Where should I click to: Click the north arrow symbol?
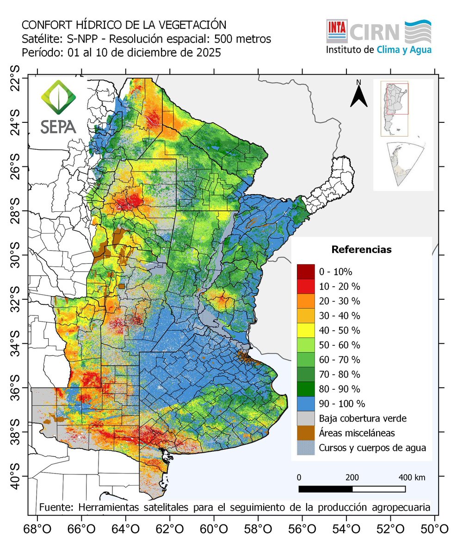pyautogui.click(x=358, y=95)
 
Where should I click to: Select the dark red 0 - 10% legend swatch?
pyautogui.click(x=305, y=271)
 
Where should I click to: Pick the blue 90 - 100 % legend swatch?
pyautogui.click(x=305, y=403)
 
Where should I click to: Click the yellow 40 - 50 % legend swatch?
pyautogui.click(x=305, y=330)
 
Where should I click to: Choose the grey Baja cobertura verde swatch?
pyautogui.click(x=305, y=418)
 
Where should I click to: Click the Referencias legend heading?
pyautogui.click(x=361, y=250)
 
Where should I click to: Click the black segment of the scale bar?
pyautogui.click(x=325, y=489)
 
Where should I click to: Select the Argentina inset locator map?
pyautogui.click(x=394, y=109)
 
